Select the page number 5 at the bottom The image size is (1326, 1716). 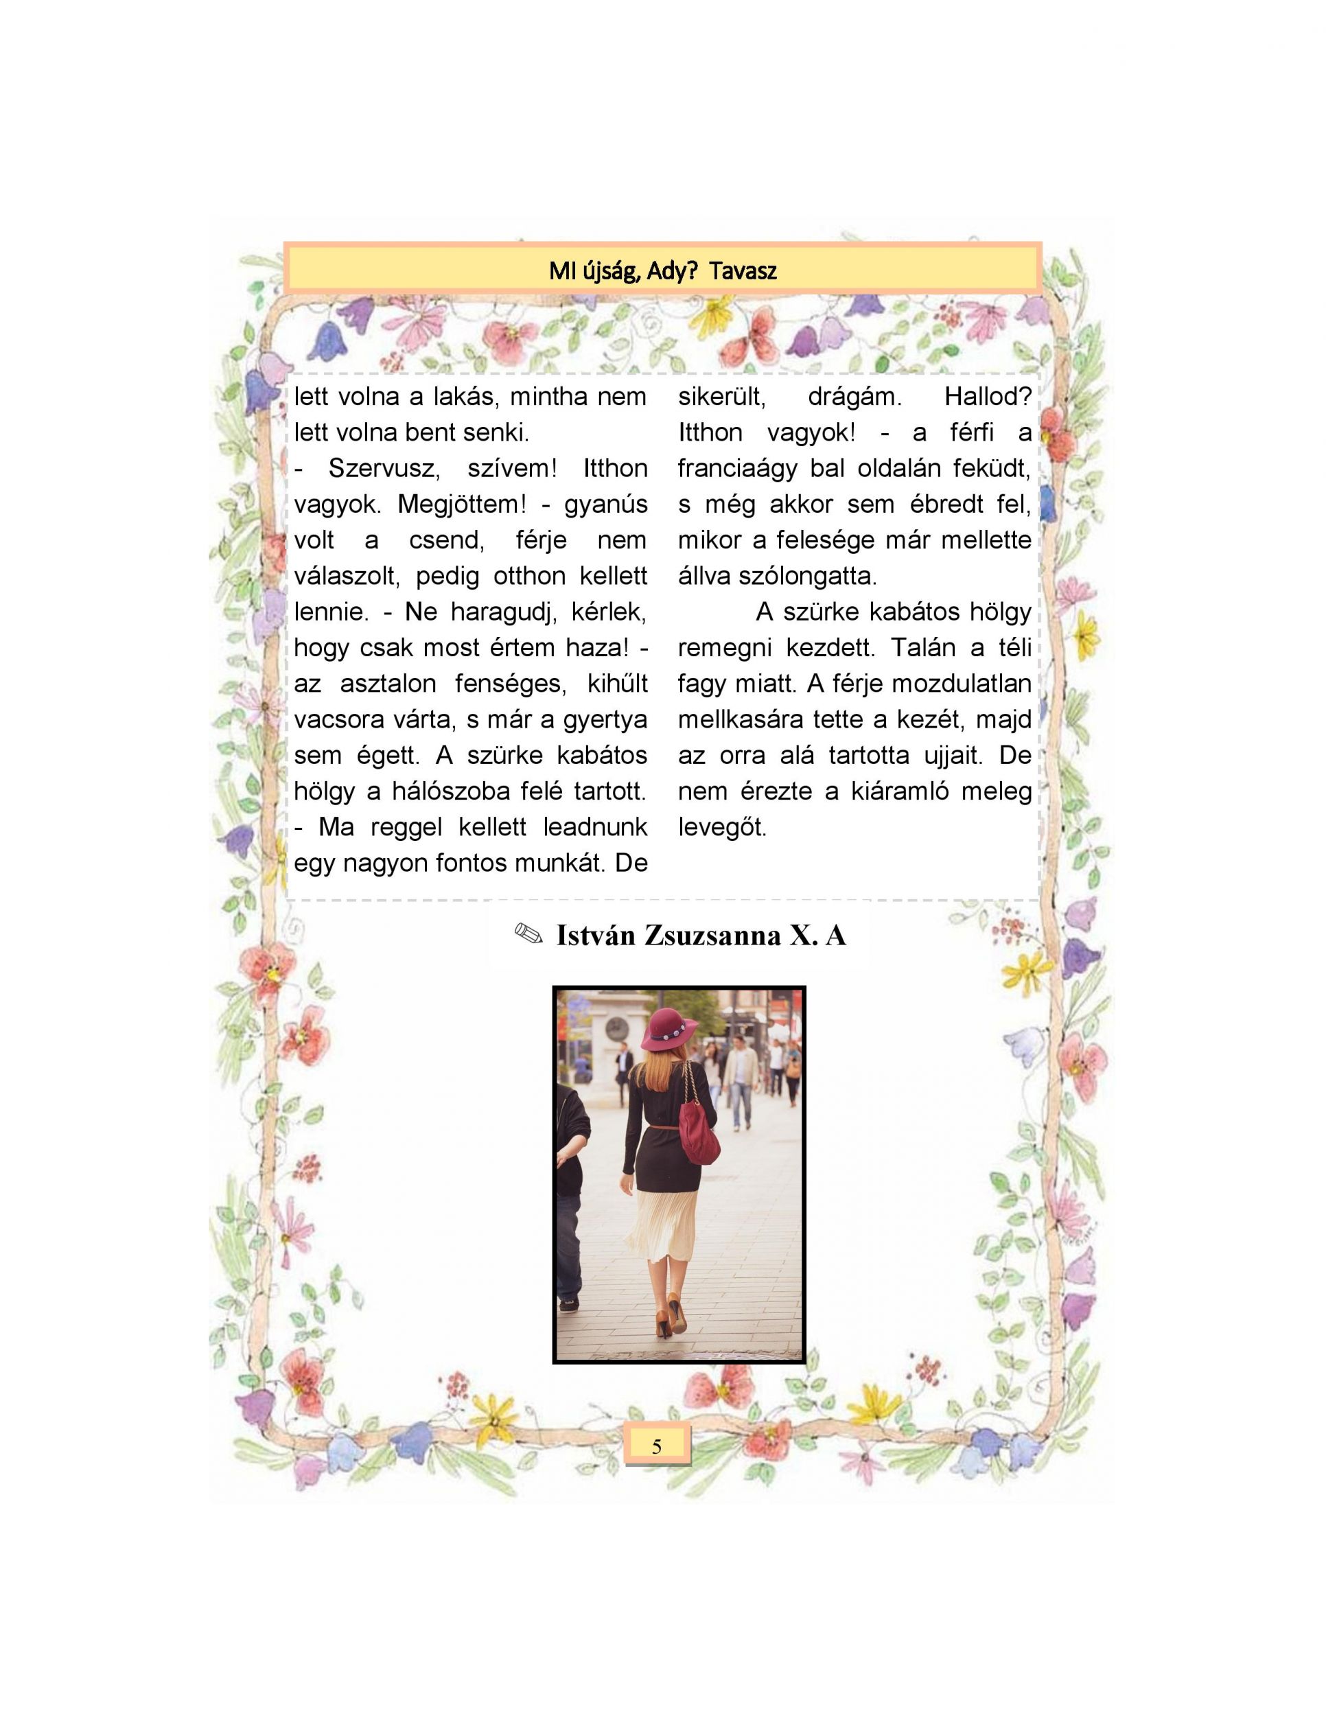(657, 1446)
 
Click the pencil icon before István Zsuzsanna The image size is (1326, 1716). (528, 934)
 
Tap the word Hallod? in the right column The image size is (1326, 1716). (988, 396)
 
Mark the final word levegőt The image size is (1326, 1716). (722, 827)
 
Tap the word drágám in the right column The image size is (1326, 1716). (854, 396)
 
